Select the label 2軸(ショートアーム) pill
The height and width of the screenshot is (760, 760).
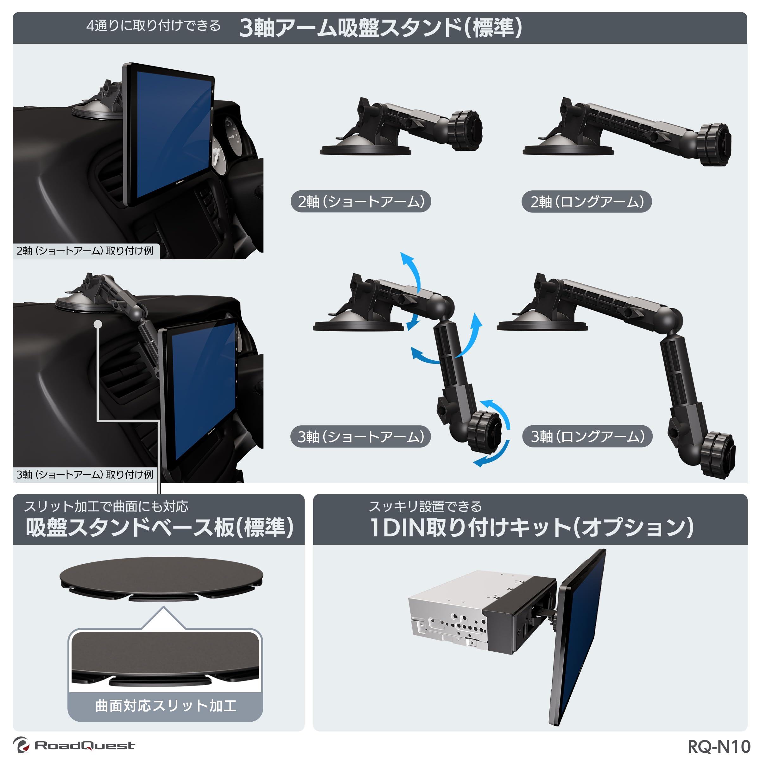pos(361,201)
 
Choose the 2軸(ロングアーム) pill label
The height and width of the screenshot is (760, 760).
pos(586,202)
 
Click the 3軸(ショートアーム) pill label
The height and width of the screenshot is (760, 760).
pos(360,436)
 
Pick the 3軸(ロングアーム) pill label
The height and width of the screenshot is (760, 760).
pos(587,436)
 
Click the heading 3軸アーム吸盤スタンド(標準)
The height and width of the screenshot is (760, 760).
pos(381,28)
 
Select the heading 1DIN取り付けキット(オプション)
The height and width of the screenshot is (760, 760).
pos(531,528)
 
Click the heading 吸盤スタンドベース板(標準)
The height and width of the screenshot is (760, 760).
pos(160,528)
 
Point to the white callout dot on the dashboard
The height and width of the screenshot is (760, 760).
pos(98,324)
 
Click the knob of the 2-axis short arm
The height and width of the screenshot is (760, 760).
pos(466,130)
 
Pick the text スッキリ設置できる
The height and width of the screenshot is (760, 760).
pos(425,506)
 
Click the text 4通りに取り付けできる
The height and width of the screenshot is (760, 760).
pos(153,26)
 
